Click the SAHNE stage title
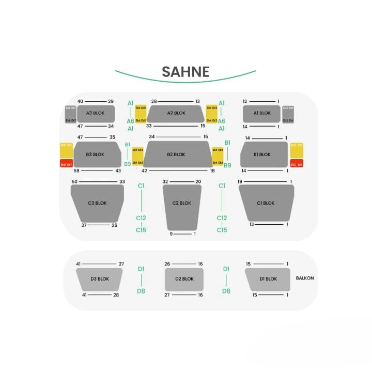(185, 72)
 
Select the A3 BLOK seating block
(96, 113)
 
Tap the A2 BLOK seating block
(176, 113)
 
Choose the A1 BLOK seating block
(262, 113)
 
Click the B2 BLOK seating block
(176, 154)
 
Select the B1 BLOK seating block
(263, 154)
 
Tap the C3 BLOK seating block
(97, 203)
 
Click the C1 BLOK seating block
(266, 203)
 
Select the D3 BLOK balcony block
(100, 279)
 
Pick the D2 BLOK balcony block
(184, 279)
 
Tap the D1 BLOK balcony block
(268, 279)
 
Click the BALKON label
(305, 278)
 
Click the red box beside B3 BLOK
(66, 164)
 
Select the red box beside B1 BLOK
(296, 164)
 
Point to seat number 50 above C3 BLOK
(74, 182)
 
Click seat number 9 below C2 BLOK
(171, 234)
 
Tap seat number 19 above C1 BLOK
(240, 182)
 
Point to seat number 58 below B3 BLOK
(76, 171)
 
